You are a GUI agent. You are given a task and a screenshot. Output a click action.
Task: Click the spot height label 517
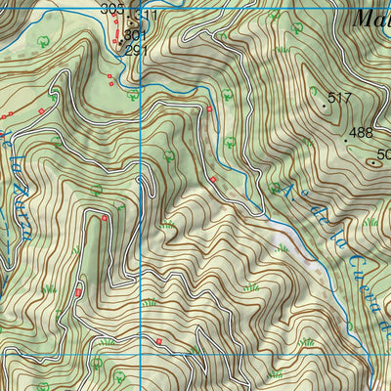pyautogui.click(x=340, y=98)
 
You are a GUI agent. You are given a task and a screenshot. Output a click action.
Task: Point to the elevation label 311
pyautogui.click(x=145, y=17)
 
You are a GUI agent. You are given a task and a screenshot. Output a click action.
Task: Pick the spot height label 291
pyautogui.click(x=136, y=49)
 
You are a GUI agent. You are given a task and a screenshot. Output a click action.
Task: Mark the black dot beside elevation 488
pyautogui.click(x=345, y=139)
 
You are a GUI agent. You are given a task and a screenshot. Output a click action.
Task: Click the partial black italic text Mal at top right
pyautogui.click(x=370, y=17)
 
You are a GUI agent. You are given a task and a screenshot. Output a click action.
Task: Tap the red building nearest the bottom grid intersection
pyautogui.click(x=158, y=340)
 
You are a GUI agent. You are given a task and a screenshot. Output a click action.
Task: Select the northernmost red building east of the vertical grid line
pyautogui.click(x=209, y=109)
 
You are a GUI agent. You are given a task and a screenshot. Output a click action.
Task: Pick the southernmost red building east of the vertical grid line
pyautogui.click(x=158, y=340)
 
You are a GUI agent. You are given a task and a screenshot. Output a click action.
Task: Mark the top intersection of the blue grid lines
pyautogui.click(x=143, y=86)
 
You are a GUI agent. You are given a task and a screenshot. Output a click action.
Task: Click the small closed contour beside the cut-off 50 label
pyautogui.click(x=374, y=164)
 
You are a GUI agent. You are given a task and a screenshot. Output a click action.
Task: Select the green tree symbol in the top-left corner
pyautogui.click(x=44, y=41)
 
